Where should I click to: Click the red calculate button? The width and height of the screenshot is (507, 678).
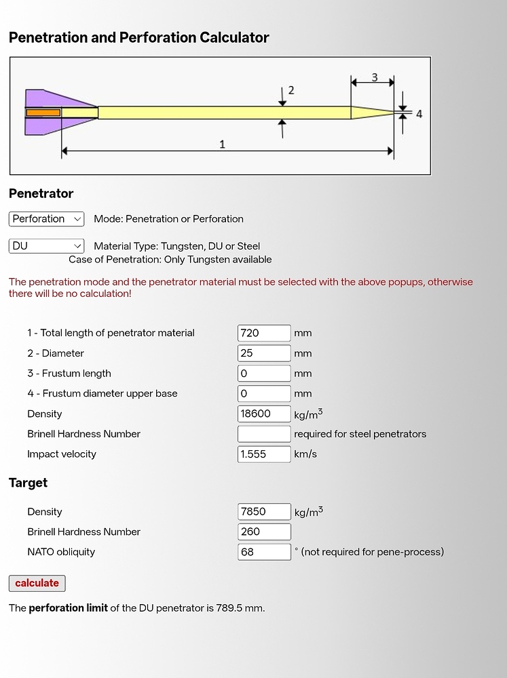click(37, 583)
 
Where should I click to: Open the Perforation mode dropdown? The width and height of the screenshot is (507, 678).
click(46, 219)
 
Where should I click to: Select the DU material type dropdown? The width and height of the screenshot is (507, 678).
click(46, 246)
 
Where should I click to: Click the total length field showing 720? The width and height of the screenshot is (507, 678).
click(264, 333)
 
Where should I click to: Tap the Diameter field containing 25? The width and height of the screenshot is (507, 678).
click(264, 353)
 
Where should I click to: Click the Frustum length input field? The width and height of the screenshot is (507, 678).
click(264, 373)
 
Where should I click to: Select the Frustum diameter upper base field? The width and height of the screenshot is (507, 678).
click(264, 393)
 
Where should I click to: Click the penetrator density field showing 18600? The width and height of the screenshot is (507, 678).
click(264, 414)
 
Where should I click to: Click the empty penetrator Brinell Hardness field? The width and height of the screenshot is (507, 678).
click(264, 434)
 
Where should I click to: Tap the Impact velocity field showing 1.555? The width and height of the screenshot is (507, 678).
click(264, 454)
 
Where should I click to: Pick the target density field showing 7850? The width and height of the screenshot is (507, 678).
click(264, 511)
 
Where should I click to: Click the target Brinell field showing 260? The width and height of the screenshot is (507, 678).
click(264, 532)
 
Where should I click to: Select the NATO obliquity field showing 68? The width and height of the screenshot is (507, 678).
click(264, 552)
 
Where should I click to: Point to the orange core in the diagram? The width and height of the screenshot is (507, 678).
click(43, 113)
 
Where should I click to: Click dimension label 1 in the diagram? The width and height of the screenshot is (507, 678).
click(222, 144)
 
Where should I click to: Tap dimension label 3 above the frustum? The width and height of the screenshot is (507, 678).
click(375, 77)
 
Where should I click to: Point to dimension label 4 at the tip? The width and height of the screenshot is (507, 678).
click(419, 114)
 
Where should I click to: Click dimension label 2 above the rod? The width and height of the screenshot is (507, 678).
click(291, 90)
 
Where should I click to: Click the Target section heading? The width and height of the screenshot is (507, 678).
click(28, 483)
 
